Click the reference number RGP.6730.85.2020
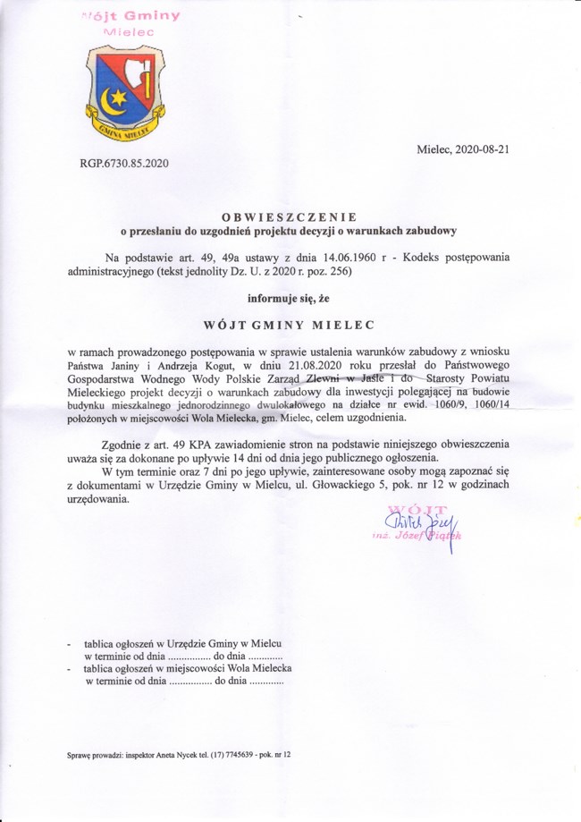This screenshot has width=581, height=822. coord(124,164)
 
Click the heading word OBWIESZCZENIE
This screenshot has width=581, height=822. coord(290,216)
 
